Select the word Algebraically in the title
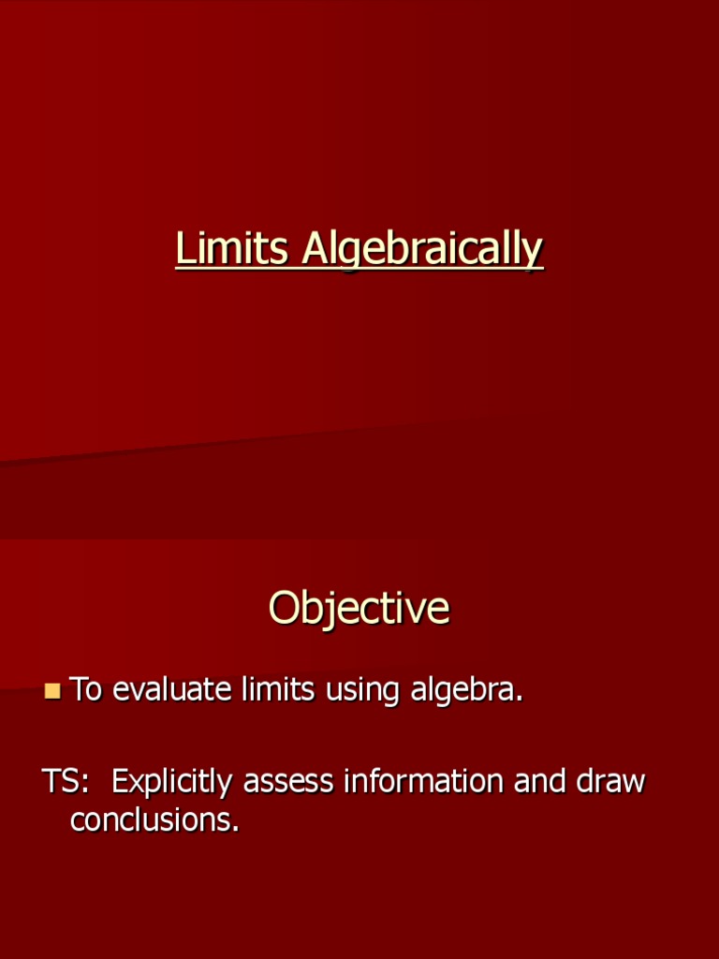422,251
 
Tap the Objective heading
359,609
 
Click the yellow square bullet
52,692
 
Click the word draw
610,782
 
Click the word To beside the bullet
86,690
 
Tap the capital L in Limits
183,249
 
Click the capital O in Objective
284,609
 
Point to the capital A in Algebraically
315,249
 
